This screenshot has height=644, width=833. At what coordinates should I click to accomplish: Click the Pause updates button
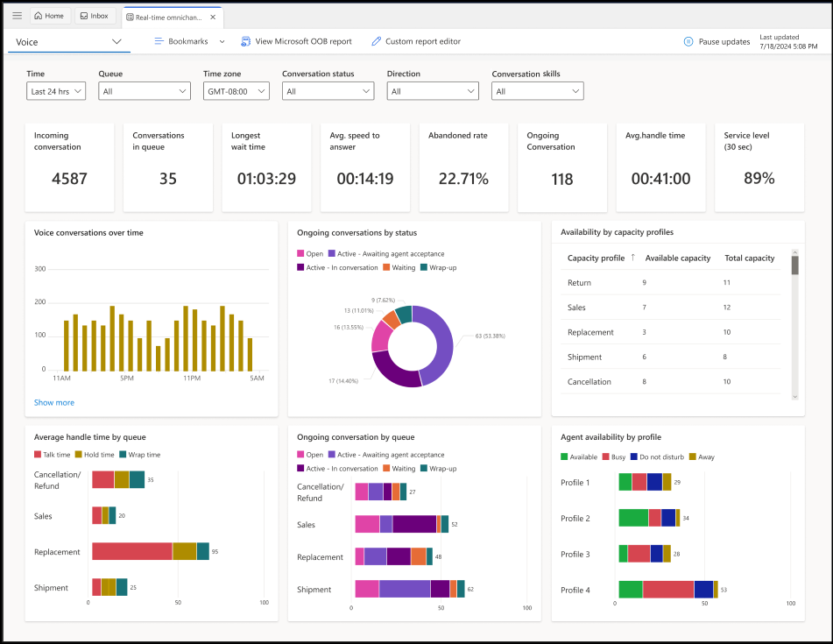[717, 41]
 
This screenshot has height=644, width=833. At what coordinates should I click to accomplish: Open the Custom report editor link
[416, 41]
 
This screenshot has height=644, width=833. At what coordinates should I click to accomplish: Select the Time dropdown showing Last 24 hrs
[56, 91]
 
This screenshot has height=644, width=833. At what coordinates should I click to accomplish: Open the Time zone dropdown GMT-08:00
[236, 91]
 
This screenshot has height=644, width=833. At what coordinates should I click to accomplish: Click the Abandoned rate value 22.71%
[463, 179]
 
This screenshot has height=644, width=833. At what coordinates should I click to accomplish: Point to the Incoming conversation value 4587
[69, 179]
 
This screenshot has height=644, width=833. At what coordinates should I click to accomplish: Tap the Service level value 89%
[759, 179]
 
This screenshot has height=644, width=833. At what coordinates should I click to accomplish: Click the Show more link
[54, 403]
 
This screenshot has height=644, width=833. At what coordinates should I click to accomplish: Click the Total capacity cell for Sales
[727, 308]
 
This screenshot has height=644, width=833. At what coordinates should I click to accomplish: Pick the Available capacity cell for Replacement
[645, 332]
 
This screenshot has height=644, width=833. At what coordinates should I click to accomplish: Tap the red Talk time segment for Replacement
[131, 551]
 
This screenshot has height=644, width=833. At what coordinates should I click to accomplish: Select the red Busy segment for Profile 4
[667, 590]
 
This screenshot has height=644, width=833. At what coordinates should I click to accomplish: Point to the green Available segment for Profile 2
[633, 518]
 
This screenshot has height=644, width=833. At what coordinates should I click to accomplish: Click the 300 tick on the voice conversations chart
[39, 269]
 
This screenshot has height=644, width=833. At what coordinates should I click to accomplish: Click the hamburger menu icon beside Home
[17, 16]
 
